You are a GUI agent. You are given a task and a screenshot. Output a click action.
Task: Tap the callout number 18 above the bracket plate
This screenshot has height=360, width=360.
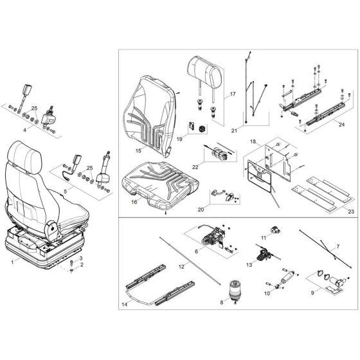[253, 140]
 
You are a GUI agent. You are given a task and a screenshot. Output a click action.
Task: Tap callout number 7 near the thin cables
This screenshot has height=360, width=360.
[338, 247]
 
